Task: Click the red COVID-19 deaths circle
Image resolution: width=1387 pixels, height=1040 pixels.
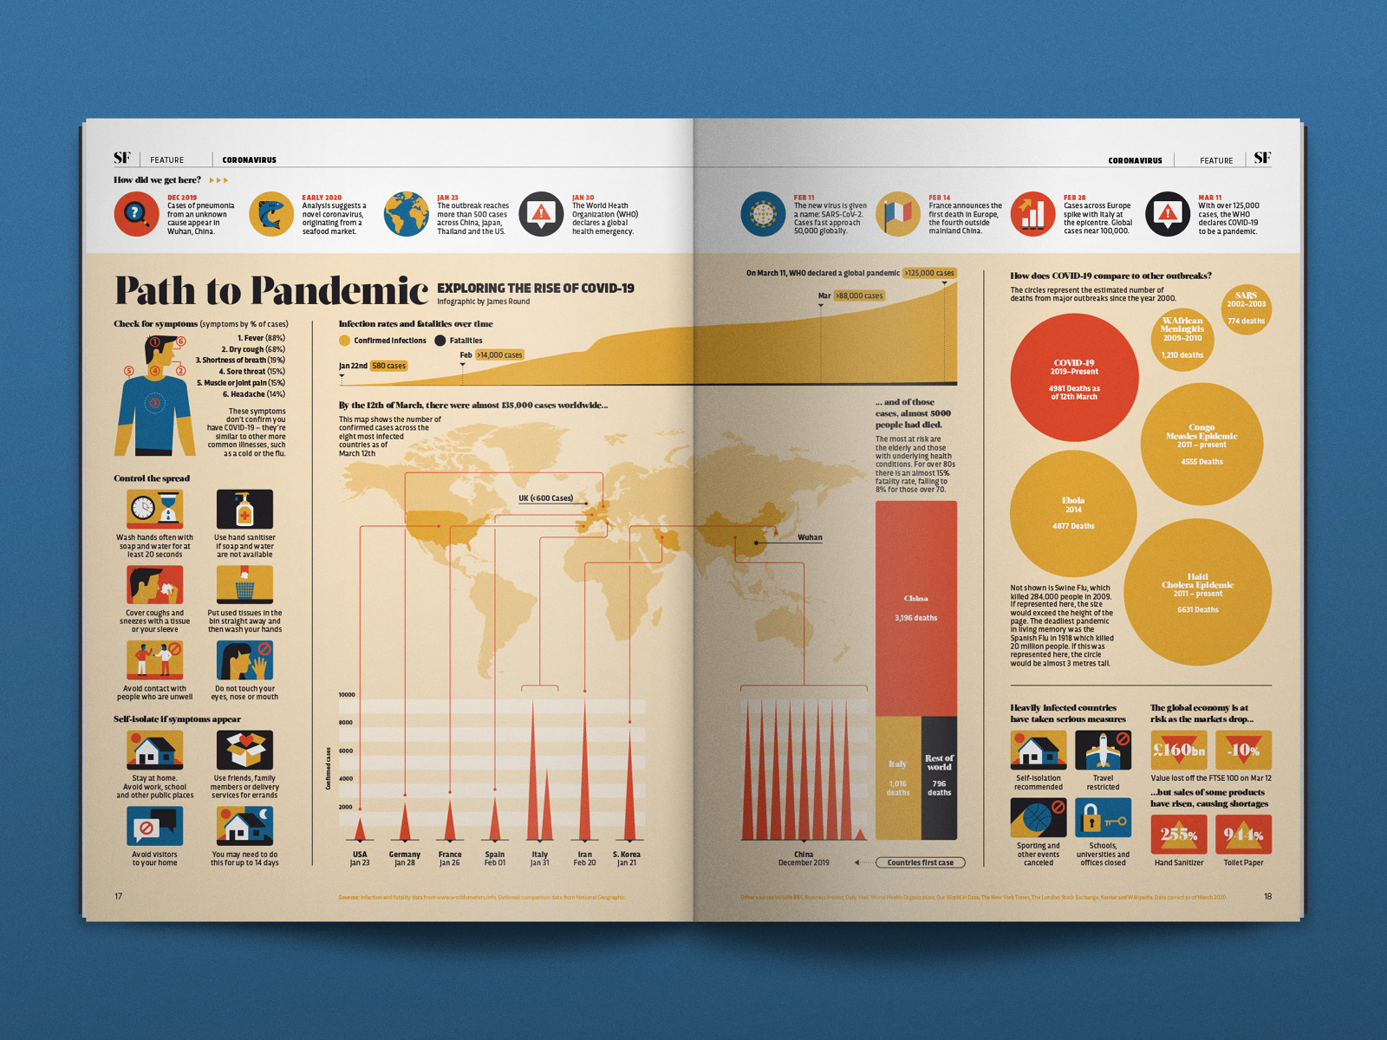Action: coord(1074,378)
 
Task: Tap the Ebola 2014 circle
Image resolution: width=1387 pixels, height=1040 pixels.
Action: coord(1073,513)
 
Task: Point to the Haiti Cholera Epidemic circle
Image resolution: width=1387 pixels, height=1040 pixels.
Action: coord(1197,592)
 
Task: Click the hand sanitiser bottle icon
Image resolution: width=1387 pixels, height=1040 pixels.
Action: coord(244,509)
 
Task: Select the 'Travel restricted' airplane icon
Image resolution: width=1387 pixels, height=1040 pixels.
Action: coord(1103,750)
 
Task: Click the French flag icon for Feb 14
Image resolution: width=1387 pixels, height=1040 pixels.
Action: coord(897,214)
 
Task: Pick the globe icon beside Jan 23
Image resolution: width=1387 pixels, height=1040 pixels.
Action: coord(407,214)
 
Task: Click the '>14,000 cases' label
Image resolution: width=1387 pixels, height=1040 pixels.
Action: coord(499,355)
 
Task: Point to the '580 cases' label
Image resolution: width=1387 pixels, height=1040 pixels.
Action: coord(388,366)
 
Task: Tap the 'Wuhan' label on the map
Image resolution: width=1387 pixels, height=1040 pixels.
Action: coord(810,538)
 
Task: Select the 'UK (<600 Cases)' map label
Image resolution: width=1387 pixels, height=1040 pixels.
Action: coord(545,498)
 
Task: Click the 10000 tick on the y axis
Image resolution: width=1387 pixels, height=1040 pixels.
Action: coord(347,695)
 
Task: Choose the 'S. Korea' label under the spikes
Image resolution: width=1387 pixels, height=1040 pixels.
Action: coord(627,855)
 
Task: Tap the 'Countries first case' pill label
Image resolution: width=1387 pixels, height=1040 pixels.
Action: coord(920,862)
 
